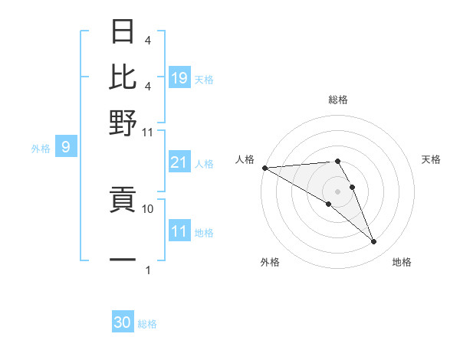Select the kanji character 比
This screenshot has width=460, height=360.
(123, 77)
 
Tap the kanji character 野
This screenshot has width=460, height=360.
(123, 122)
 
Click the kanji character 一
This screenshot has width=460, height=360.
(123, 260)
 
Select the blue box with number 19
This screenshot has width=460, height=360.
(179, 78)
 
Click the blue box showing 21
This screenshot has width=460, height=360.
(179, 162)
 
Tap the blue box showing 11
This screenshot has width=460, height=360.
(179, 232)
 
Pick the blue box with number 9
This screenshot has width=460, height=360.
(65, 148)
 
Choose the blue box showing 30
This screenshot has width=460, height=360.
(123, 322)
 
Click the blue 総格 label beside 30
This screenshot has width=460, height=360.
(147, 324)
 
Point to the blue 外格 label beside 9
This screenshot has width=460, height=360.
(41, 149)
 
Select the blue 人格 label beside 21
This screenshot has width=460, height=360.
(204, 163)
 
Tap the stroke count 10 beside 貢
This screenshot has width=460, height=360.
(148, 208)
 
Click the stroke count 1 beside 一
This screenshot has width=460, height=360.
(148, 270)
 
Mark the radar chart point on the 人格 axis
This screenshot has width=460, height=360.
(264, 168)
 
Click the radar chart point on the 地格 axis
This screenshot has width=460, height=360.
(373, 241)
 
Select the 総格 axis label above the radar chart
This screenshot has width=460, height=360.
(337, 100)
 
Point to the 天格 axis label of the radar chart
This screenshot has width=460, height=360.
(431, 159)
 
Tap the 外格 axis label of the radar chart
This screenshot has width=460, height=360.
(270, 262)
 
